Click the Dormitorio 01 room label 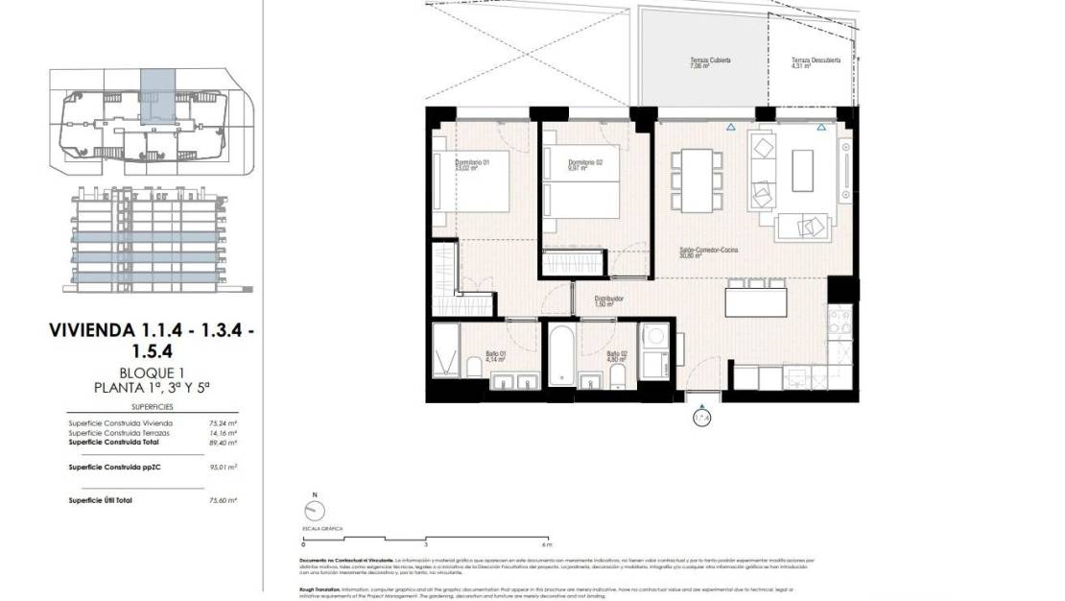tap(472, 163)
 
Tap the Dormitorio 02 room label tap(585, 163)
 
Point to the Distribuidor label tap(608, 300)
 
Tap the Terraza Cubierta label tap(710, 61)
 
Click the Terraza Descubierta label tap(815, 61)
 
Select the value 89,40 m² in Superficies tap(223, 443)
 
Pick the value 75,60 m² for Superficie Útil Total tap(223, 500)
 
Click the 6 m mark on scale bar tap(547, 543)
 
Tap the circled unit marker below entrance tap(701, 418)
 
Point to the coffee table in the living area tap(802, 171)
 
